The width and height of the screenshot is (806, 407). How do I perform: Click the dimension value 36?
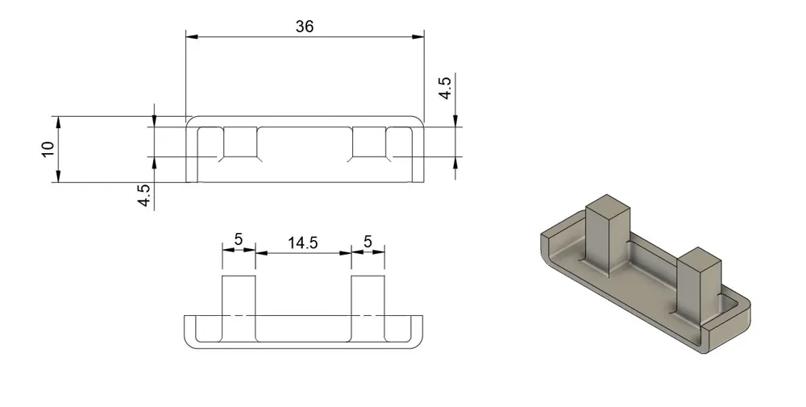pyautogui.click(x=305, y=27)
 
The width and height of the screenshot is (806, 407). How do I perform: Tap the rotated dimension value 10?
pyautogui.click(x=48, y=149)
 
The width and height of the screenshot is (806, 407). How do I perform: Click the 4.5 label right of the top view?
pyautogui.click(x=445, y=88)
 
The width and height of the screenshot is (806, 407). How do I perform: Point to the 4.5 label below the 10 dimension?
pyautogui.click(x=144, y=195)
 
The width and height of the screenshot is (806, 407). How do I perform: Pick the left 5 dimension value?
pyautogui.click(x=239, y=239)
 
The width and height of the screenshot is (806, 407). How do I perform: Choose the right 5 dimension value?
pyautogui.click(x=368, y=241)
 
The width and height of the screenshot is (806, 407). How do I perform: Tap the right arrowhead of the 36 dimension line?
pyautogui.click(x=418, y=36)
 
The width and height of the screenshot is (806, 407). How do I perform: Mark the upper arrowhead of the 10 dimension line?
pyautogui.click(x=59, y=123)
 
